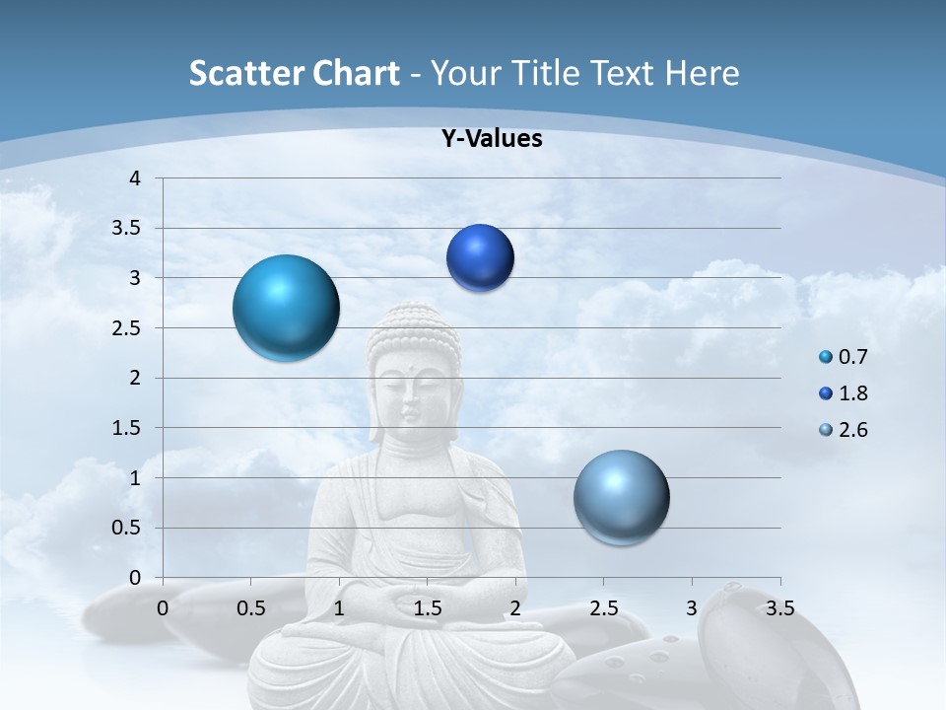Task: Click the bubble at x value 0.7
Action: (286, 308)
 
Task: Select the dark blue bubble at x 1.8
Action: (480, 258)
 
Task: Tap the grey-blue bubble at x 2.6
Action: (621, 497)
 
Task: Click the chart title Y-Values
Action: (492, 139)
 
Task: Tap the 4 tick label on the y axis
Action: (136, 178)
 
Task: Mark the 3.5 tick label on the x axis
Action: (779, 608)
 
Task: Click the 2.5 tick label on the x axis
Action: (603, 608)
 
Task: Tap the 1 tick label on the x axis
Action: (339, 608)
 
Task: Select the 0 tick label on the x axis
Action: (164, 608)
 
